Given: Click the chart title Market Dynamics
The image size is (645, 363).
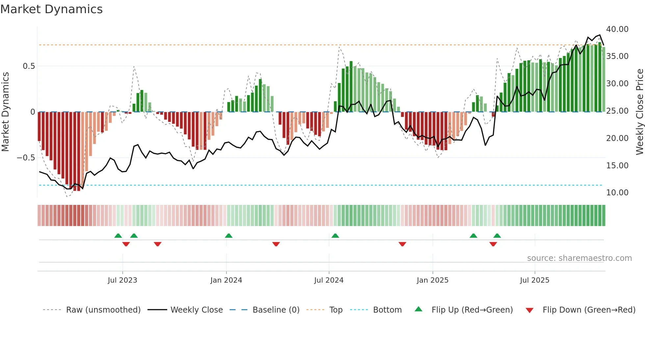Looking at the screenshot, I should coord(52,9).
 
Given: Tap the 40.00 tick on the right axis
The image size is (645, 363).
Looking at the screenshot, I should coord(617,29).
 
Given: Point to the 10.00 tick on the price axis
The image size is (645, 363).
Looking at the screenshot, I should coord(617,193).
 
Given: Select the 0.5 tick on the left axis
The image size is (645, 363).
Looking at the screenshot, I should coord(29,66).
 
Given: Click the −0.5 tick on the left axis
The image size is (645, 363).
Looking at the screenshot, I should coord(26,158).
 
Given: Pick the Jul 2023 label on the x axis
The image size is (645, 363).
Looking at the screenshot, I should coord(122,280).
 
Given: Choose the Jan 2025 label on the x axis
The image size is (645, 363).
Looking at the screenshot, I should coord(432,280).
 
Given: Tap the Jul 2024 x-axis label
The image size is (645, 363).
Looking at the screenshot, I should coord(329,280).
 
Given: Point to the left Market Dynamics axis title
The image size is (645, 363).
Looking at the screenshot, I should coord(5,112).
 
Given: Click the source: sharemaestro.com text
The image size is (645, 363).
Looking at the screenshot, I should coord(579,258).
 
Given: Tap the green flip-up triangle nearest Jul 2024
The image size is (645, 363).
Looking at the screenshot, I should coord(335,236).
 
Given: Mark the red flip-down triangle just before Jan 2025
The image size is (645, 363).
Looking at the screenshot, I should coord(402,244).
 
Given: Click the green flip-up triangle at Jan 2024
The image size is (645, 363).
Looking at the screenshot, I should coord(229,236).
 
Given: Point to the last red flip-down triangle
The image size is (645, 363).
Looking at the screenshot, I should coord(493,244).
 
